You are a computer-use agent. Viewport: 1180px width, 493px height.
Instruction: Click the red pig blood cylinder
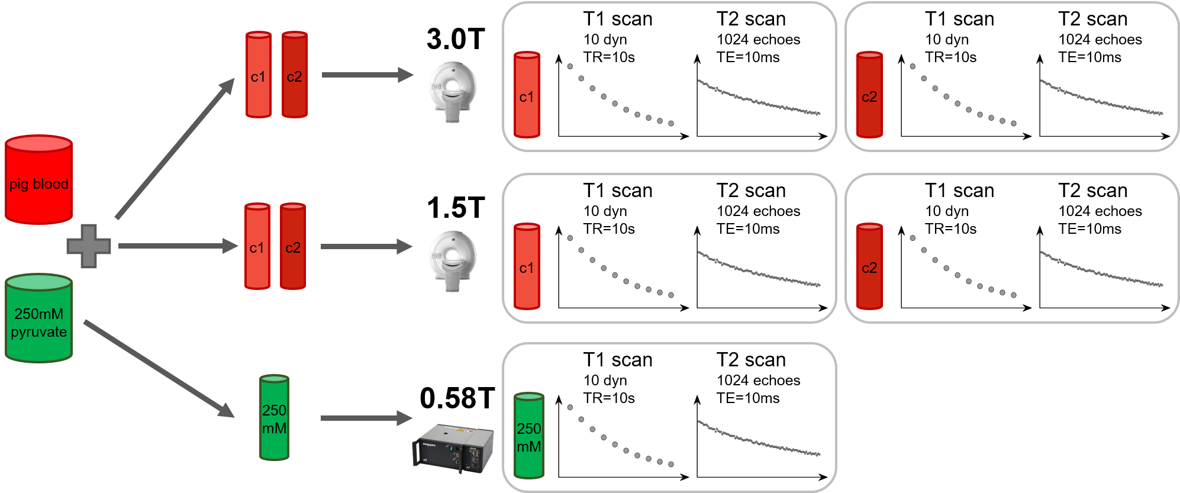point(39,180)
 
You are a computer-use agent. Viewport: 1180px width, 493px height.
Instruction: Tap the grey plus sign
point(89,246)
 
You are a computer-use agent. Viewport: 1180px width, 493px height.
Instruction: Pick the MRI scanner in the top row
point(452,92)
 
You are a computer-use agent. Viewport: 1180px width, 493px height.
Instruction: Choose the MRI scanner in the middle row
point(452,261)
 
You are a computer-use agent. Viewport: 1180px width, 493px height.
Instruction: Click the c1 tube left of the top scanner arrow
point(259,75)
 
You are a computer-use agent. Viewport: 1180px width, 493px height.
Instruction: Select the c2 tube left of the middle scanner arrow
point(293,247)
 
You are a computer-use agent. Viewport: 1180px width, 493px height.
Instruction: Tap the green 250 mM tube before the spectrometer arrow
point(274,418)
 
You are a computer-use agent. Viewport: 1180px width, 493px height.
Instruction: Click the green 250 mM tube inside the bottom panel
point(528,436)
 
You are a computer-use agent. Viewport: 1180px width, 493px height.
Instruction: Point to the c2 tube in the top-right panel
point(869,95)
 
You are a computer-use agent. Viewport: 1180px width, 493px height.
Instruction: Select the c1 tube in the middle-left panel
point(527,267)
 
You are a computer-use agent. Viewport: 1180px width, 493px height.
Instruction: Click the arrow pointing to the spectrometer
point(366,418)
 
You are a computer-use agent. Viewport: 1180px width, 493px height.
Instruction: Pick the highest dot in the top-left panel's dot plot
point(570,66)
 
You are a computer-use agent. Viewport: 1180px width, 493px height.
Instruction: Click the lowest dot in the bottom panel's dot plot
point(671,465)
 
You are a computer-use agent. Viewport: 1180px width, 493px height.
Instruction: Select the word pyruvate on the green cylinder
point(39,332)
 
